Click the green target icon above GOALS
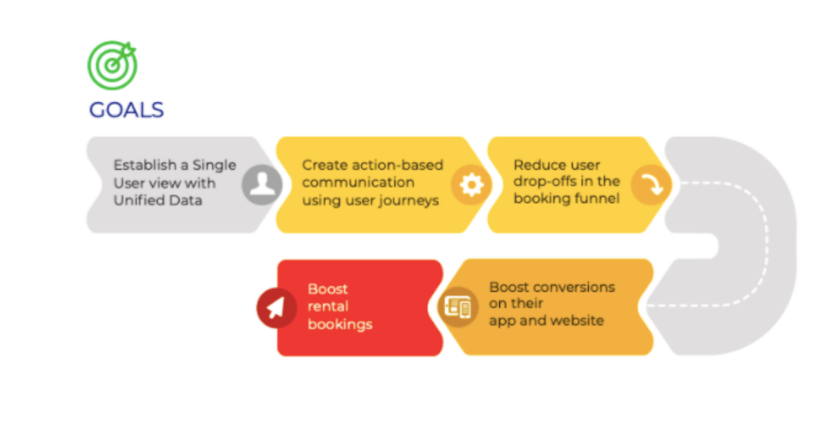pyautogui.click(x=112, y=65)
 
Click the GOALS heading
pyautogui.click(x=126, y=110)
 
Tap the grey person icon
pyautogui.click(x=262, y=185)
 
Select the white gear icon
pyautogui.click(x=472, y=185)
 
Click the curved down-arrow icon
pyautogui.click(x=652, y=184)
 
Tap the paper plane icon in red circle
pyautogui.click(x=276, y=307)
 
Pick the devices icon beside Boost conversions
pyautogui.click(x=458, y=307)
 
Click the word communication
pyautogui.click(x=358, y=183)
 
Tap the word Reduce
pyautogui.click(x=539, y=165)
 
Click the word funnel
pyautogui.click(x=597, y=198)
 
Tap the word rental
pyautogui.click(x=328, y=306)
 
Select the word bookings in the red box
pyautogui.click(x=340, y=325)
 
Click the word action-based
pyautogui.click(x=398, y=165)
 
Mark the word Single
pyautogui.click(x=214, y=165)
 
